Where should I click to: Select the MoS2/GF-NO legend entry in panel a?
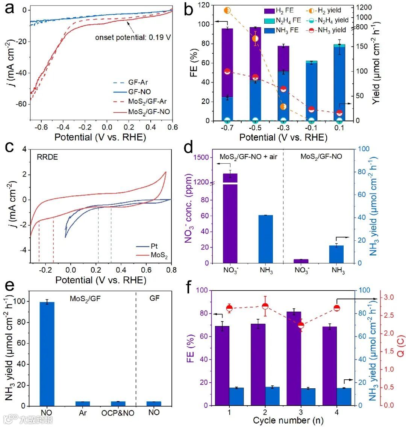[149, 112]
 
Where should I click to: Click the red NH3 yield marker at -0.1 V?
[311, 109]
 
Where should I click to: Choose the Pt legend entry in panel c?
[154, 246]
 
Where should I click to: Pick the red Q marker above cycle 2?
[265, 306]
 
